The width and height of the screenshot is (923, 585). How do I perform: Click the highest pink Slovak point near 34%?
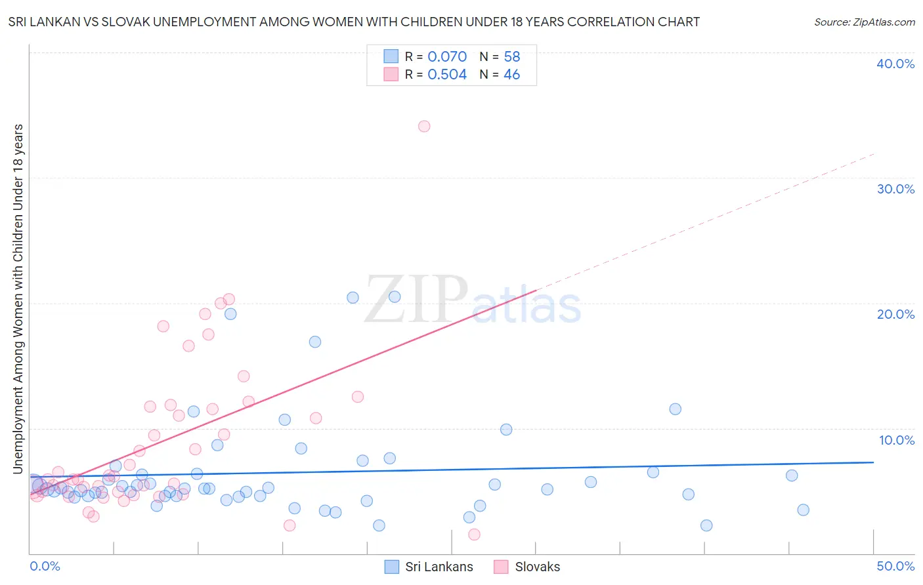click(x=424, y=126)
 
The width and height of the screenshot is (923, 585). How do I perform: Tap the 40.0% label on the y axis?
click(x=895, y=64)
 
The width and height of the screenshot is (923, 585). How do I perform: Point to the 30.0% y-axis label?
click(x=895, y=189)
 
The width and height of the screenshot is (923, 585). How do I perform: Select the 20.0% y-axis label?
click(x=895, y=314)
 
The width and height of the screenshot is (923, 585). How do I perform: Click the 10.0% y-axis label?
click(x=897, y=440)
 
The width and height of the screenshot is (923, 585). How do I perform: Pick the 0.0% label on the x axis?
click(x=45, y=566)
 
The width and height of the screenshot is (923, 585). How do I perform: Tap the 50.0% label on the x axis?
click(x=895, y=566)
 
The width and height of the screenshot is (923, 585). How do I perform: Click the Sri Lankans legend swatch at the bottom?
click(x=391, y=567)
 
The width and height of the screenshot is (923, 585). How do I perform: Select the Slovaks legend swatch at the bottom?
click(x=501, y=567)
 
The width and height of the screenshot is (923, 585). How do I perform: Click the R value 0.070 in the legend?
click(x=447, y=57)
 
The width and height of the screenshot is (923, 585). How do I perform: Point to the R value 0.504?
click(x=447, y=75)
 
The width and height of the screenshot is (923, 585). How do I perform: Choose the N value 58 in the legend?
click(x=512, y=57)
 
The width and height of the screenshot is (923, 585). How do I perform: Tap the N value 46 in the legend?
click(x=512, y=75)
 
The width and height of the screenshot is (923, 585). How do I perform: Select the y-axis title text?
click(x=18, y=298)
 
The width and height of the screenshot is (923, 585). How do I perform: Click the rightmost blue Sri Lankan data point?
click(x=803, y=510)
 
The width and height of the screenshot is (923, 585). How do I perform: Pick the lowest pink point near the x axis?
click(x=474, y=534)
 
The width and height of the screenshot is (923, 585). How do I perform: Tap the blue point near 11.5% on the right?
click(x=675, y=409)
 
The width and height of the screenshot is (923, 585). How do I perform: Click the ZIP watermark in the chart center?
click(x=416, y=300)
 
